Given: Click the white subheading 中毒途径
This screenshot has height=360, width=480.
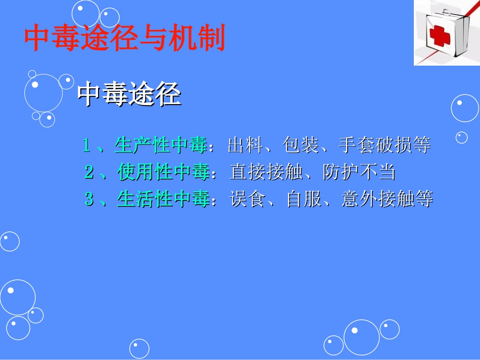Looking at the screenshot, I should (129, 94).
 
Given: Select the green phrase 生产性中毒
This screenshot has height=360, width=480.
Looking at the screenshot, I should (161, 146).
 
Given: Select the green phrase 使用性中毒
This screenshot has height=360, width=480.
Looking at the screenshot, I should (163, 173).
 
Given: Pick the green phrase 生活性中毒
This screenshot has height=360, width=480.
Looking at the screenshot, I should (163, 199).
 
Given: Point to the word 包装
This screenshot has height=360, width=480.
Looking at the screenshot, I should (301, 146).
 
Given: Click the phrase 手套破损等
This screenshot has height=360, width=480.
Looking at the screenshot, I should (384, 146).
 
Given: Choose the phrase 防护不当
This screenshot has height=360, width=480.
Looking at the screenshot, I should (359, 173).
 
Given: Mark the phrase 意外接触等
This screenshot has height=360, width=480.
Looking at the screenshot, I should (387, 199).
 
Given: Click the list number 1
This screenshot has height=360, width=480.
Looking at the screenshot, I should (87, 146).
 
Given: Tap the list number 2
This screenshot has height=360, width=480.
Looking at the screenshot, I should (89, 173).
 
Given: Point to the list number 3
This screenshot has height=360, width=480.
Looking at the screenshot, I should (89, 199).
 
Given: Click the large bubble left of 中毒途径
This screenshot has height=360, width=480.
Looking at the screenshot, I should (43, 93).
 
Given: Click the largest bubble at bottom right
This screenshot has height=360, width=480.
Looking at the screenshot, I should (361, 337).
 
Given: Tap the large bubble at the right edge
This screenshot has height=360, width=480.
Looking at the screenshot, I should (465, 108).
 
